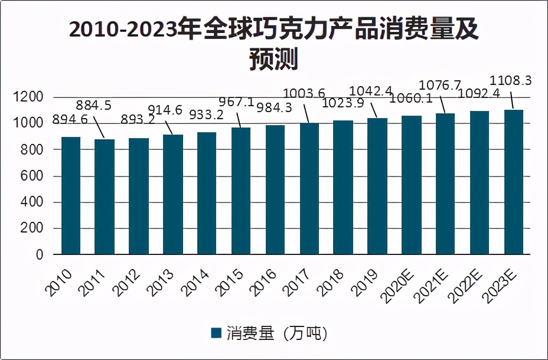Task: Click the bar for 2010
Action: point(71,195)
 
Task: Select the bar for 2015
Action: point(241,191)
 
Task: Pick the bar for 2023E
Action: point(513,182)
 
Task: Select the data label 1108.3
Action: point(512,80)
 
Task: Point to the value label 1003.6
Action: point(304,93)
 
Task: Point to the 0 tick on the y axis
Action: point(40,255)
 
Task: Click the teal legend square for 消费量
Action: point(216,333)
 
